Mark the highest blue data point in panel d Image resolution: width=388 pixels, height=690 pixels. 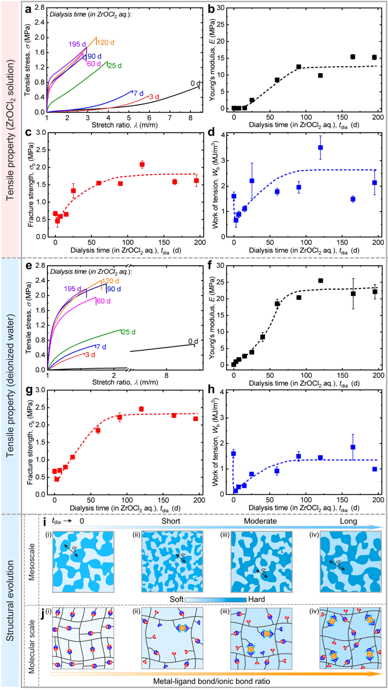(320, 147)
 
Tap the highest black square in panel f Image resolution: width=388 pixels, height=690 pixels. (320, 281)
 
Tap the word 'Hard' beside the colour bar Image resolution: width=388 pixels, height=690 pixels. (256, 599)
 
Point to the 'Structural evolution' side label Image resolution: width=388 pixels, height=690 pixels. (9, 601)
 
